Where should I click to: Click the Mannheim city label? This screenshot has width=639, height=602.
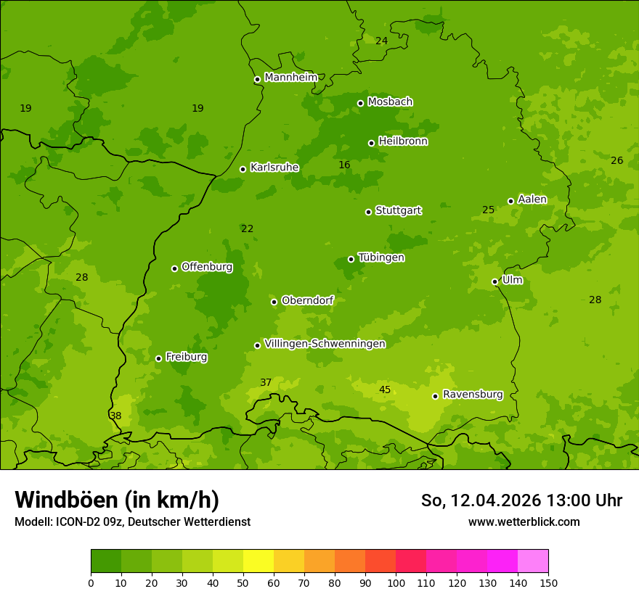(x=290, y=78)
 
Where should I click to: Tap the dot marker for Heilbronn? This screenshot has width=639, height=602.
(x=371, y=143)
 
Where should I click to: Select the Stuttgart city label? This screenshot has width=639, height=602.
(x=398, y=211)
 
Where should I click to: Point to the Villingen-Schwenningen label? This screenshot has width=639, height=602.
(x=325, y=344)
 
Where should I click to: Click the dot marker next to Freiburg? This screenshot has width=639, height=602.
(x=158, y=358)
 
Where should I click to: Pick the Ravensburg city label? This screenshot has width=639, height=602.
(x=472, y=395)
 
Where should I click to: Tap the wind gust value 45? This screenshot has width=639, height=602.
(x=385, y=390)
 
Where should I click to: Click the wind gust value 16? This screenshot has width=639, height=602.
(x=344, y=165)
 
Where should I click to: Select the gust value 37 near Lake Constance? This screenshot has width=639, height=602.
(x=266, y=383)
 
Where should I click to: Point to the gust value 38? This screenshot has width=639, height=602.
(x=115, y=416)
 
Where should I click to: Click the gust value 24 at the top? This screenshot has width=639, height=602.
(x=381, y=41)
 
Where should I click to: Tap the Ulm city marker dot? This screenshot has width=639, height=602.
(x=494, y=281)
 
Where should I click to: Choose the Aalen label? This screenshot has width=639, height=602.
(x=532, y=199)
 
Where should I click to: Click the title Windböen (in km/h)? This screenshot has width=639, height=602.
(x=117, y=500)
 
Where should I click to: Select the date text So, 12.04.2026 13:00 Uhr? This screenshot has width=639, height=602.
(x=521, y=500)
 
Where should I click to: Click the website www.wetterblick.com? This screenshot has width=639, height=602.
(x=524, y=521)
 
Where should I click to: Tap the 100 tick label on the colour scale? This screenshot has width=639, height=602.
(x=396, y=582)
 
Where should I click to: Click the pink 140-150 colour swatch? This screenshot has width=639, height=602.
(x=533, y=561)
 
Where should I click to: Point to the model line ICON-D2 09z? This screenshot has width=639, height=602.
(x=132, y=521)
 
